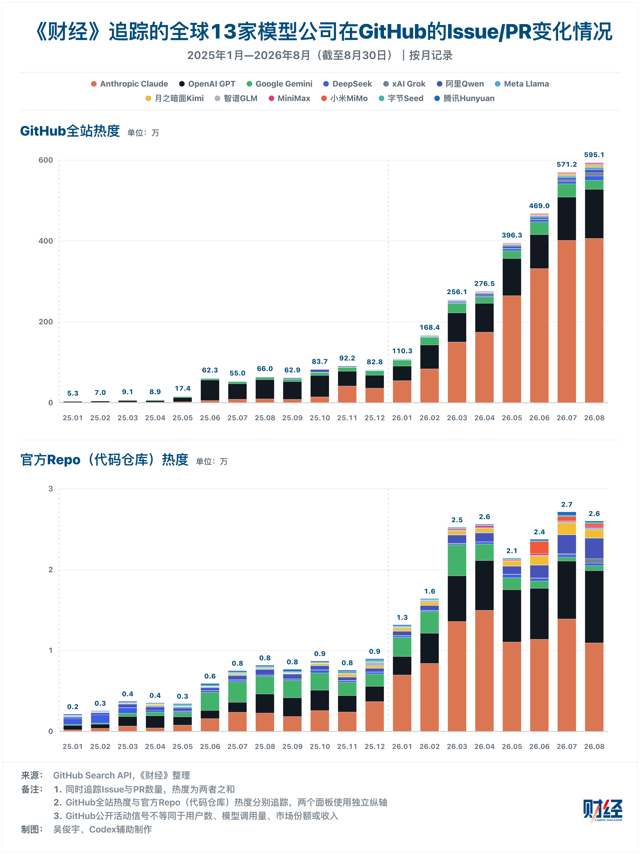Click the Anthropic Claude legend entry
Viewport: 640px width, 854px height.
(129, 84)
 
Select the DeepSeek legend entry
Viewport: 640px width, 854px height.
(347, 84)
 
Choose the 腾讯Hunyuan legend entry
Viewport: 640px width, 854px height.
(464, 98)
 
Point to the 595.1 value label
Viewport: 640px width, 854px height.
(594, 155)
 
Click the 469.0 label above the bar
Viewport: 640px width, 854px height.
(539, 206)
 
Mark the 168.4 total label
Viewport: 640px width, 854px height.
(430, 327)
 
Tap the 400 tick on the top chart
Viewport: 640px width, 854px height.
(45, 241)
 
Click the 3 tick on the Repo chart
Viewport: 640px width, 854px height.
(50, 489)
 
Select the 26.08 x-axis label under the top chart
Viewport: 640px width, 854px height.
(594, 418)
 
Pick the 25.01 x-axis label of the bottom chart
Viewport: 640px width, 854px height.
(72, 746)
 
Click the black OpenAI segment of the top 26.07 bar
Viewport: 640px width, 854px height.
(567, 219)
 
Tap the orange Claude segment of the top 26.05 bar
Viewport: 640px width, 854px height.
(512, 349)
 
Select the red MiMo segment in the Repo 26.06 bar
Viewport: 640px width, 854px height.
(539, 547)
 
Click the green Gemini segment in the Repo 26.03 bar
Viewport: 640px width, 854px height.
(457, 560)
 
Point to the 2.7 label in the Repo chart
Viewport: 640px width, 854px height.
(567, 504)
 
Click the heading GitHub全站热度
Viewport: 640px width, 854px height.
(70, 131)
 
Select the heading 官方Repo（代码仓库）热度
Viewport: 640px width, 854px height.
(104, 460)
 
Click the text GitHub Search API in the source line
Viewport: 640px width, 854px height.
(92, 775)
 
